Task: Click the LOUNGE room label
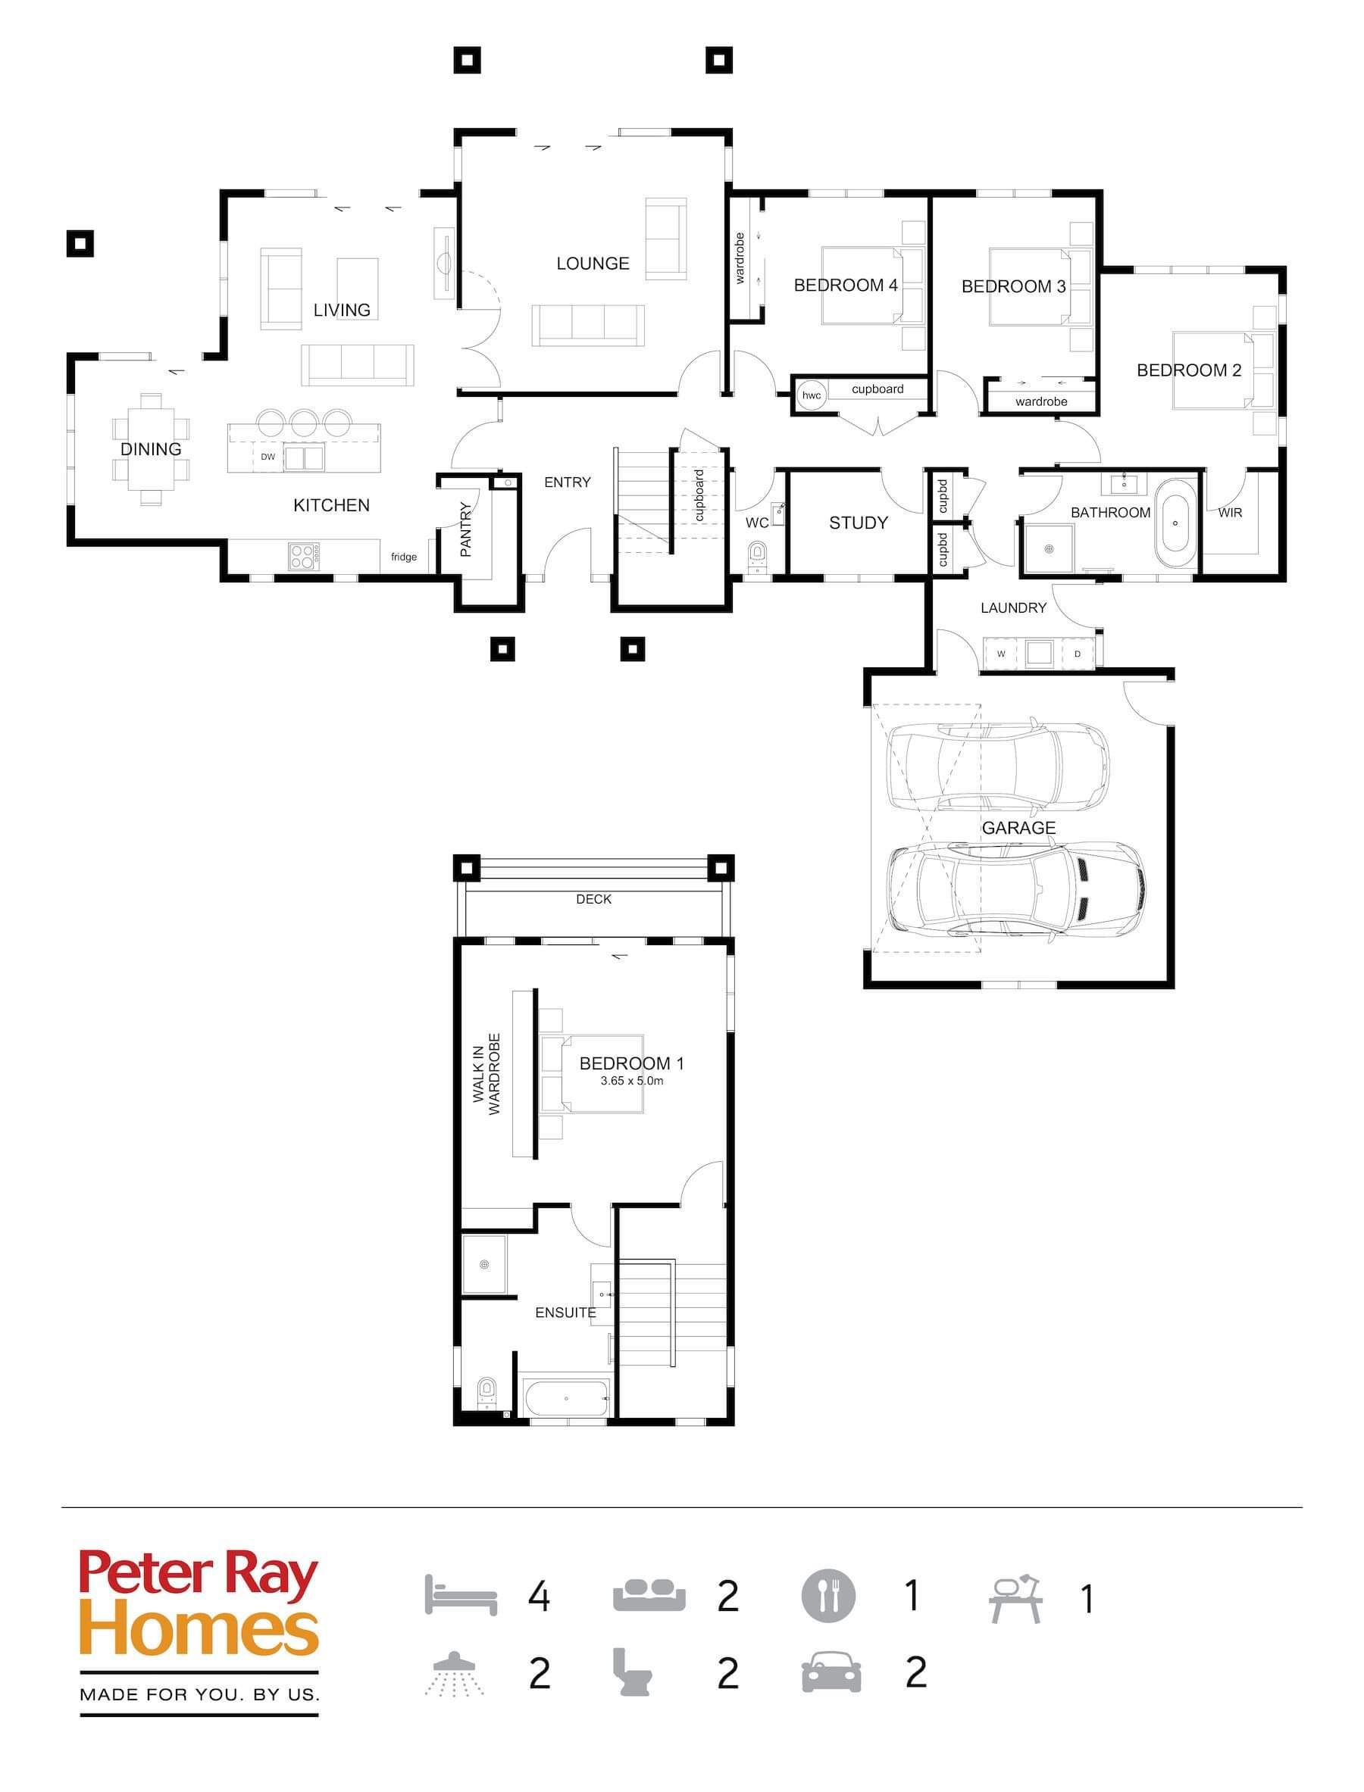(x=593, y=263)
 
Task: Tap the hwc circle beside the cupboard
(x=811, y=395)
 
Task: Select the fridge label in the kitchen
(x=403, y=557)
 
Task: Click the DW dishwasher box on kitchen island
(x=268, y=457)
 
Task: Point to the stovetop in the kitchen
(x=303, y=555)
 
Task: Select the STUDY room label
(x=858, y=523)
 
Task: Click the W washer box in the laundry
(x=1001, y=654)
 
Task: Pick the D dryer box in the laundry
(x=1078, y=654)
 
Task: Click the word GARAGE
(x=1018, y=828)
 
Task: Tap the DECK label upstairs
(x=593, y=899)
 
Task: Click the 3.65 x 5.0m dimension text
(x=632, y=1081)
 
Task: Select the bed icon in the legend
(x=461, y=1595)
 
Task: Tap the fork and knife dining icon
(x=828, y=1595)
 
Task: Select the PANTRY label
(x=465, y=529)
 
